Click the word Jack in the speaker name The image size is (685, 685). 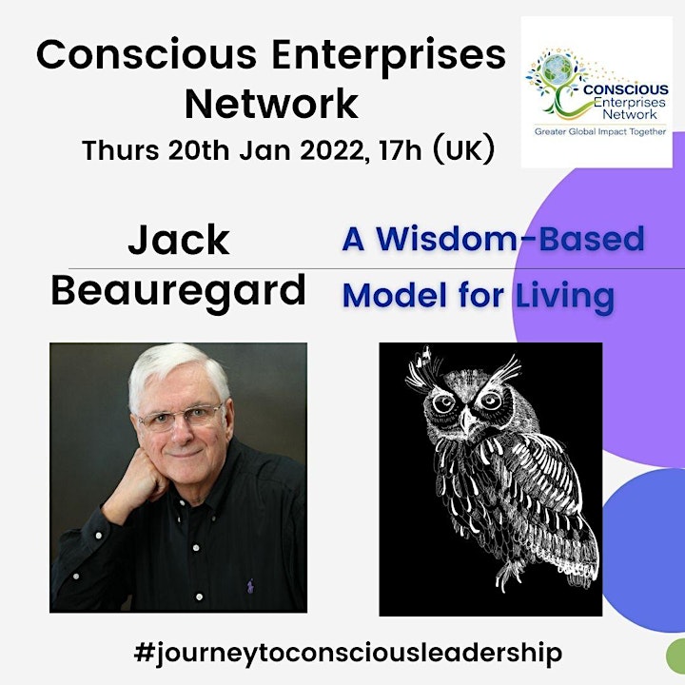click(x=178, y=240)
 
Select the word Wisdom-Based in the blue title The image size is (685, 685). click(x=510, y=239)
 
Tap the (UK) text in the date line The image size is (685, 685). click(x=463, y=149)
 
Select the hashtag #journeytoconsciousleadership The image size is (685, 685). click(x=348, y=654)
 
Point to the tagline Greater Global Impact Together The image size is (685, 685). click(x=600, y=131)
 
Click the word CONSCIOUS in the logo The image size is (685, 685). click(x=626, y=89)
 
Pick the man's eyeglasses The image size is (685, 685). click(x=182, y=417)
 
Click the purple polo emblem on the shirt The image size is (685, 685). click(x=250, y=585)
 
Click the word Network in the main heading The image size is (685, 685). click(x=271, y=104)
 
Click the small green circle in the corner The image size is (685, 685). click(x=676, y=656)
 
